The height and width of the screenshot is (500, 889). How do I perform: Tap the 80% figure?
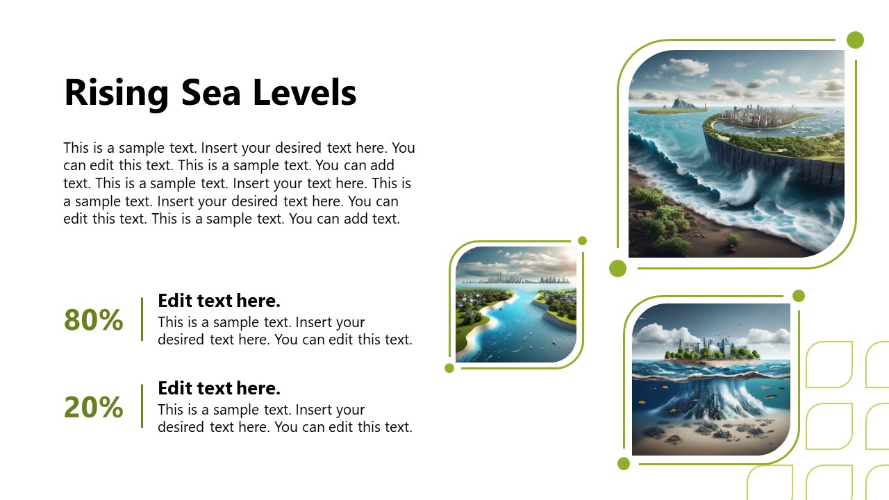(x=93, y=320)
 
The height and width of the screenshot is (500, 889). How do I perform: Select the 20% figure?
(x=93, y=408)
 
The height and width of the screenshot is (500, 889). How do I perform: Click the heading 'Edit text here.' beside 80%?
(x=219, y=301)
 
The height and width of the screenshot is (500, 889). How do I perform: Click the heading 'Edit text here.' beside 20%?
(x=219, y=387)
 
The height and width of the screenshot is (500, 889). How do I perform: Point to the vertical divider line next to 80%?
(x=142, y=319)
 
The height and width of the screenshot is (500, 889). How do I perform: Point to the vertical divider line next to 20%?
(x=142, y=406)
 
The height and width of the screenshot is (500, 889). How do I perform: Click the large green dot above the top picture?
(x=855, y=40)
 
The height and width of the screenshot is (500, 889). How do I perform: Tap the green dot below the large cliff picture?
(x=617, y=269)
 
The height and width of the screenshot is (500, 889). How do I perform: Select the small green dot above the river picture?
(x=583, y=241)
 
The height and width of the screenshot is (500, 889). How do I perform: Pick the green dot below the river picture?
(x=449, y=368)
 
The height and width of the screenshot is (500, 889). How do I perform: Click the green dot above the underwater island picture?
(x=799, y=296)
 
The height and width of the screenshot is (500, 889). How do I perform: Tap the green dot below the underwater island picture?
(x=624, y=463)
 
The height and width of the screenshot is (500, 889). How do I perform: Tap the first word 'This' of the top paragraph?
(x=76, y=148)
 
